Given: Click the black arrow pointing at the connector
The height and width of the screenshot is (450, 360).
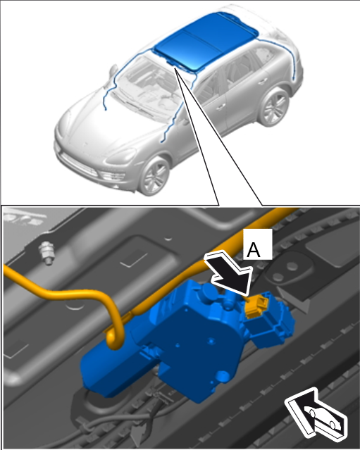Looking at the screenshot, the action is (x=230, y=274).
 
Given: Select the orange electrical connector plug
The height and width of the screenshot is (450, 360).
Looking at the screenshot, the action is (x=256, y=306).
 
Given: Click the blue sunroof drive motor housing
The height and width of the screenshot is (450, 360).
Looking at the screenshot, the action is (x=187, y=339).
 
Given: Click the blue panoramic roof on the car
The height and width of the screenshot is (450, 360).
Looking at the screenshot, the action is (x=205, y=41).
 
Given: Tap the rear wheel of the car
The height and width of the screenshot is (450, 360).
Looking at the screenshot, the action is (x=273, y=107).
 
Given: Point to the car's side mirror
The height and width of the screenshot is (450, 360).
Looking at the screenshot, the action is (x=113, y=71).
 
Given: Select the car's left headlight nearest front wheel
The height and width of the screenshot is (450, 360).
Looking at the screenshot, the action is (x=120, y=156).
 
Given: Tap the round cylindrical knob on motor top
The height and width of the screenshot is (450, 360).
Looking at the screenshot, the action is (x=209, y=293).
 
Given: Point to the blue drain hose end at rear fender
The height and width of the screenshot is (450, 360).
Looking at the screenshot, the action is (x=293, y=78).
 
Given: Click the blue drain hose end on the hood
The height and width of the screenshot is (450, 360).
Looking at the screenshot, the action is (x=106, y=108).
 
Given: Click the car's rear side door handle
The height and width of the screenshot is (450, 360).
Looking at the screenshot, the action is (x=261, y=82).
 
